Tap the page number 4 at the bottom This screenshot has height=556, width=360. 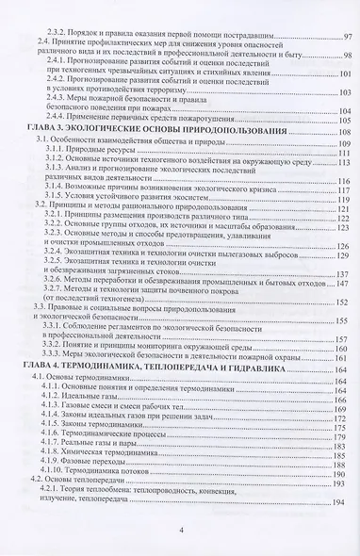click(180, 531)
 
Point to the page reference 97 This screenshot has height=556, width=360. click(345, 36)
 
